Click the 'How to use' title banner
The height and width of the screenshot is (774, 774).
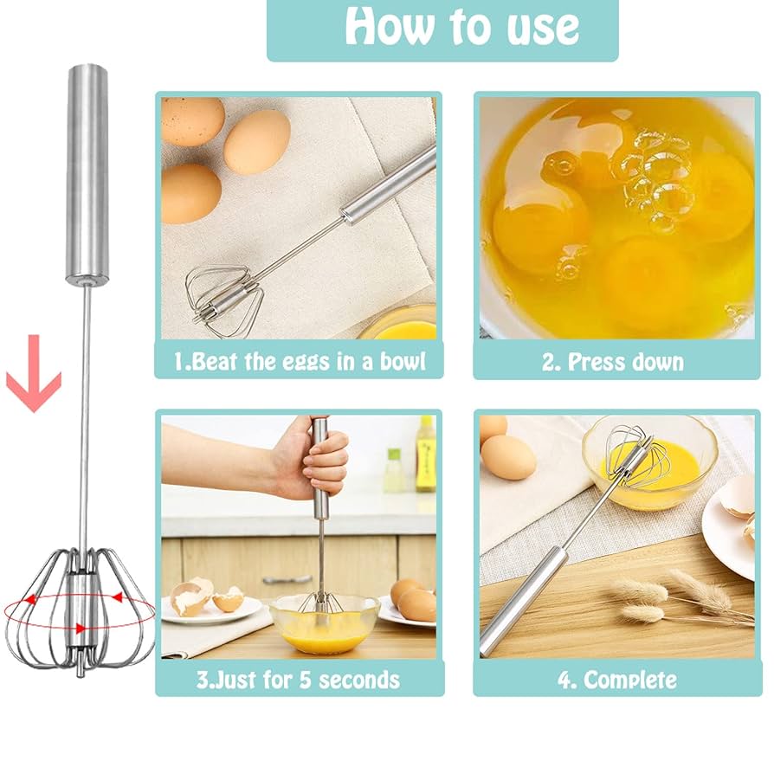(x=442, y=29)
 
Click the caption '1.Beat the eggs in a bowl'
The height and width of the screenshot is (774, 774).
(x=299, y=360)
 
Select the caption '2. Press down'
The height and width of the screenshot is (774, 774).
(x=612, y=362)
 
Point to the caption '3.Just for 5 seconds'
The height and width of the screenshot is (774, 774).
(x=299, y=679)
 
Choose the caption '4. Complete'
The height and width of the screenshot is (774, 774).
(x=616, y=679)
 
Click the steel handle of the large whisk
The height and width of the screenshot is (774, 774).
(x=88, y=173)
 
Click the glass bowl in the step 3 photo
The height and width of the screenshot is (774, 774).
(x=324, y=623)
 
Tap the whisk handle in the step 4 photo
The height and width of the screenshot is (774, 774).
(x=528, y=597)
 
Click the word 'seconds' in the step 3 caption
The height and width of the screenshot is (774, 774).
(x=359, y=679)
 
